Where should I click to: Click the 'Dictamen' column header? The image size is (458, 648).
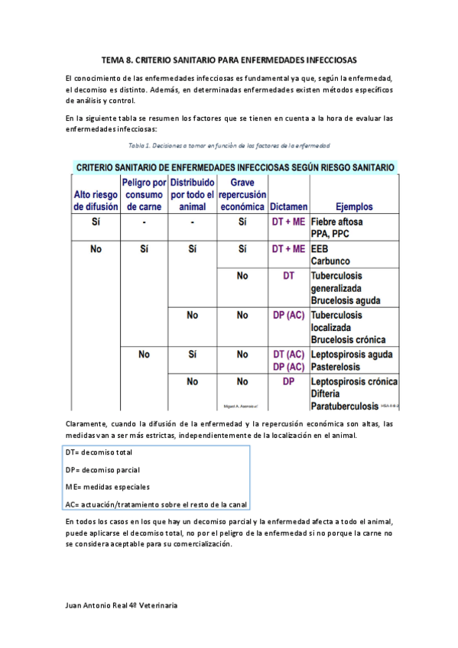point(288,206)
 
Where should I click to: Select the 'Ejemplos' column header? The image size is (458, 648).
point(354,206)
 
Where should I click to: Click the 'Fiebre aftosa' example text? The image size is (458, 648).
point(337,222)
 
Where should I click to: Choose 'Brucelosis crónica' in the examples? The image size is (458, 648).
point(348,339)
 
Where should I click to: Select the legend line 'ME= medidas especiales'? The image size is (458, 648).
point(107,486)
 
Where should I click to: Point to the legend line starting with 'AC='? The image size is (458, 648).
point(157,503)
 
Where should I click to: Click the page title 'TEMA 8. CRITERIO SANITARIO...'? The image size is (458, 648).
point(229,60)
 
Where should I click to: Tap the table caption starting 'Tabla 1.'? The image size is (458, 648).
point(229,144)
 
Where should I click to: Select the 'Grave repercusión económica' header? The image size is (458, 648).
point(242,195)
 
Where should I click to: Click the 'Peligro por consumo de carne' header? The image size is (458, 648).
point(144,195)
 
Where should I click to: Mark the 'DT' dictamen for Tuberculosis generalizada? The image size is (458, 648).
point(288,275)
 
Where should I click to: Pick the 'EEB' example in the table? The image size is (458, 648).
point(319,249)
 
